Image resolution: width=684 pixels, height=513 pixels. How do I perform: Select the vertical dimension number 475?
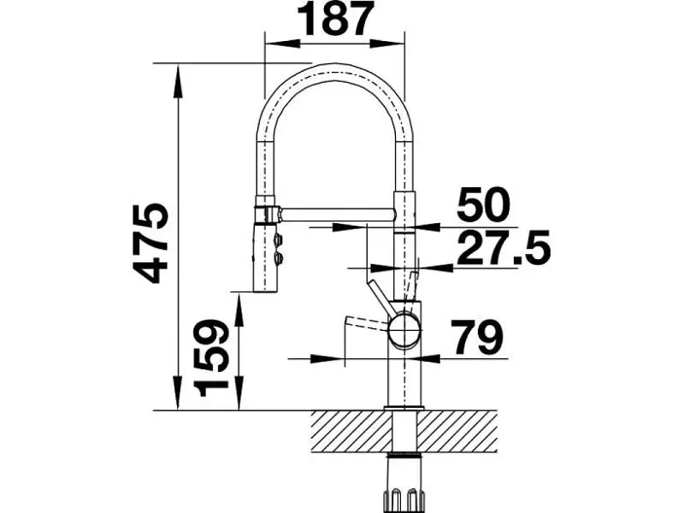[x=151, y=243]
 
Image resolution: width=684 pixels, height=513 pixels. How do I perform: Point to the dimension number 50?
[x=483, y=204]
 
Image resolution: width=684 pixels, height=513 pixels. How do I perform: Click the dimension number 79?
[x=477, y=337]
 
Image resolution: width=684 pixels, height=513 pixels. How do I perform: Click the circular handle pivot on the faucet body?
[x=404, y=330]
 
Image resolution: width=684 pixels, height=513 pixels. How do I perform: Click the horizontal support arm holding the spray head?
[x=337, y=215]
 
